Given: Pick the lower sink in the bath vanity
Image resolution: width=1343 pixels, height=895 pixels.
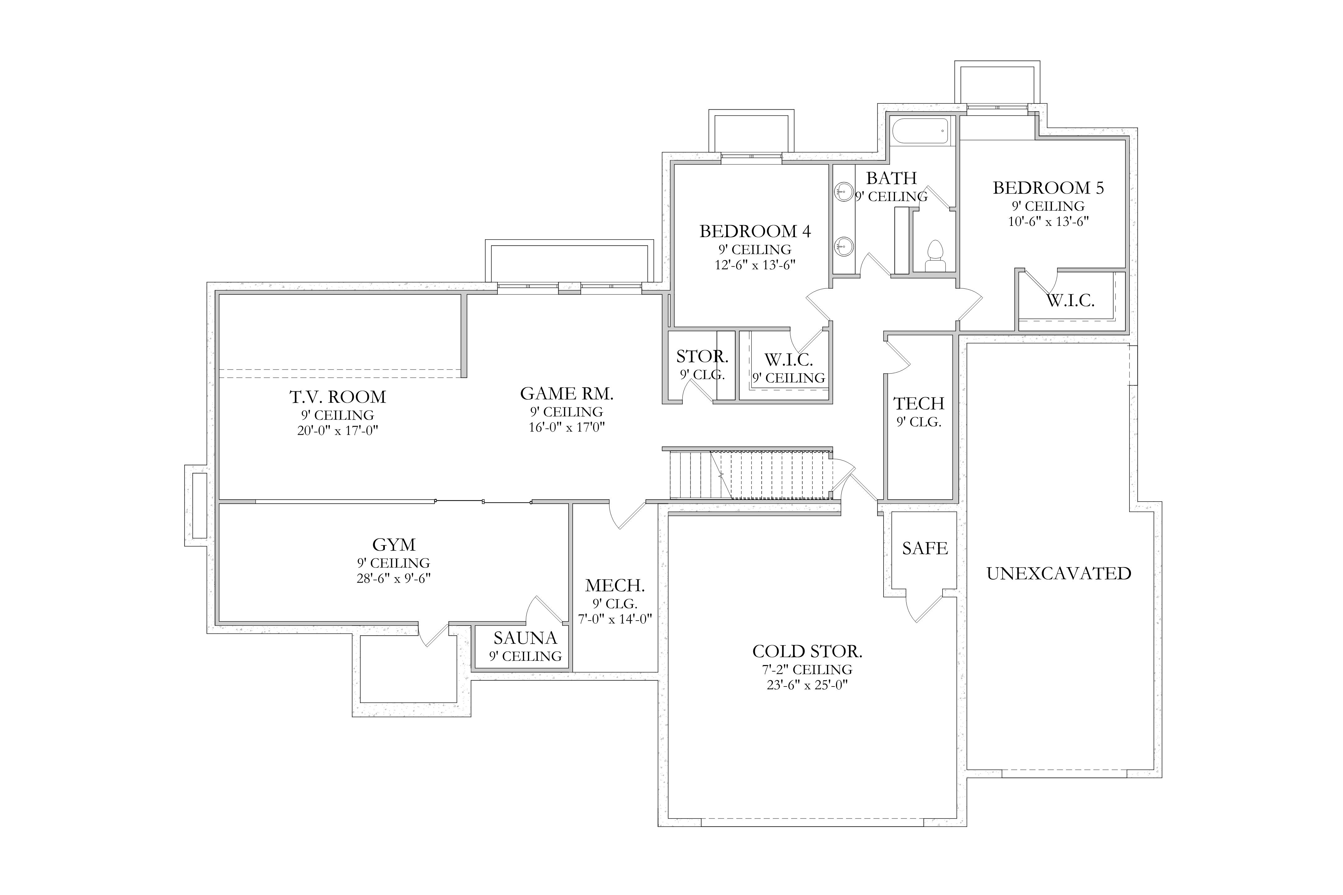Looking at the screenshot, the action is pyautogui.click(x=845, y=246).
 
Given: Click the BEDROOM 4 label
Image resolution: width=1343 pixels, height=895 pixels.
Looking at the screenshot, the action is pyautogui.click(x=755, y=231).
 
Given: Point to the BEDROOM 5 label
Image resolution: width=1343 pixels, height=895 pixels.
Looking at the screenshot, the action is pyautogui.click(x=1048, y=188).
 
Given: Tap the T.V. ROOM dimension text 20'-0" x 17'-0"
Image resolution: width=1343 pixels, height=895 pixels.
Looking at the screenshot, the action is pyautogui.click(x=338, y=430).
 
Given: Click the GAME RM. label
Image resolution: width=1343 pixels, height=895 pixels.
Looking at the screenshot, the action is pyautogui.click(x=566, y=393).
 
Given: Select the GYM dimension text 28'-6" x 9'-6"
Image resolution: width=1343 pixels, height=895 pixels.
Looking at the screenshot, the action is pyautogui.click(x=394, y=578).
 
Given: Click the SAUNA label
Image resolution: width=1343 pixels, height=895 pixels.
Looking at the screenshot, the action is pyautogui.click(x=525, y=638).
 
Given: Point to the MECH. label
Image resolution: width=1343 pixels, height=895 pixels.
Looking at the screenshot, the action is pyautogui.click(x=615, y=585).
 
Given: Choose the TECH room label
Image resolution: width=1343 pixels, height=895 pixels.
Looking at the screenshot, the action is pyautogui.click(x=919, y=404).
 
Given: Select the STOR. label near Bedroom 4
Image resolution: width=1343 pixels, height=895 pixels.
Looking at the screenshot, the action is pyautogui.click(x=702, y=357).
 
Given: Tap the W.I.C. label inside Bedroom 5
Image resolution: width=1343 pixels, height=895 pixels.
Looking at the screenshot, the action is pyautogui.click(x=1070, y=301).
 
